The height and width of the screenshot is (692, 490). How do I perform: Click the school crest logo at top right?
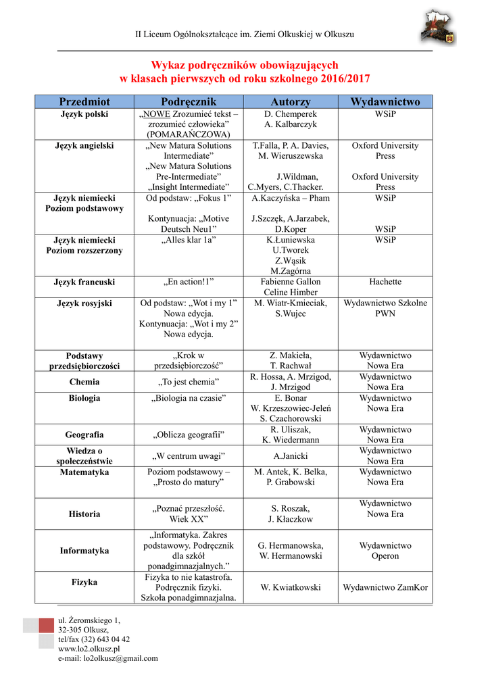[x=439, y=28]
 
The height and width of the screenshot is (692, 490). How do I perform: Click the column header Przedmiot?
[x=84, y=102]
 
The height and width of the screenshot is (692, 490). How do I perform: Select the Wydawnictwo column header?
[x=385, y=102]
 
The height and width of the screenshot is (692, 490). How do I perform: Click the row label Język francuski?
[x=84, y=282]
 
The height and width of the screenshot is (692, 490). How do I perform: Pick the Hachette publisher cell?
[x=385, y=282]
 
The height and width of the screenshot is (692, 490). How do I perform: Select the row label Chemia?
[x=84, y=382]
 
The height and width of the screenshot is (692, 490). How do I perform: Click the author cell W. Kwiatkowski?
[x=291, y=587]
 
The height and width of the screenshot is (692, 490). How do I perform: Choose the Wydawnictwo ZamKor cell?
[x=385, y=587]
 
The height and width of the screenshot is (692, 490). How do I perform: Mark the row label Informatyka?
[x=84, y=551]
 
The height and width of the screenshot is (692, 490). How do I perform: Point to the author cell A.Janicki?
[x=291, y=455]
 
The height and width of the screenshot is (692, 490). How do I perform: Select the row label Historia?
[x=84, y=514]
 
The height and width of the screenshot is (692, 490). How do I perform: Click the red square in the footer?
[x=45, y=625]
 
